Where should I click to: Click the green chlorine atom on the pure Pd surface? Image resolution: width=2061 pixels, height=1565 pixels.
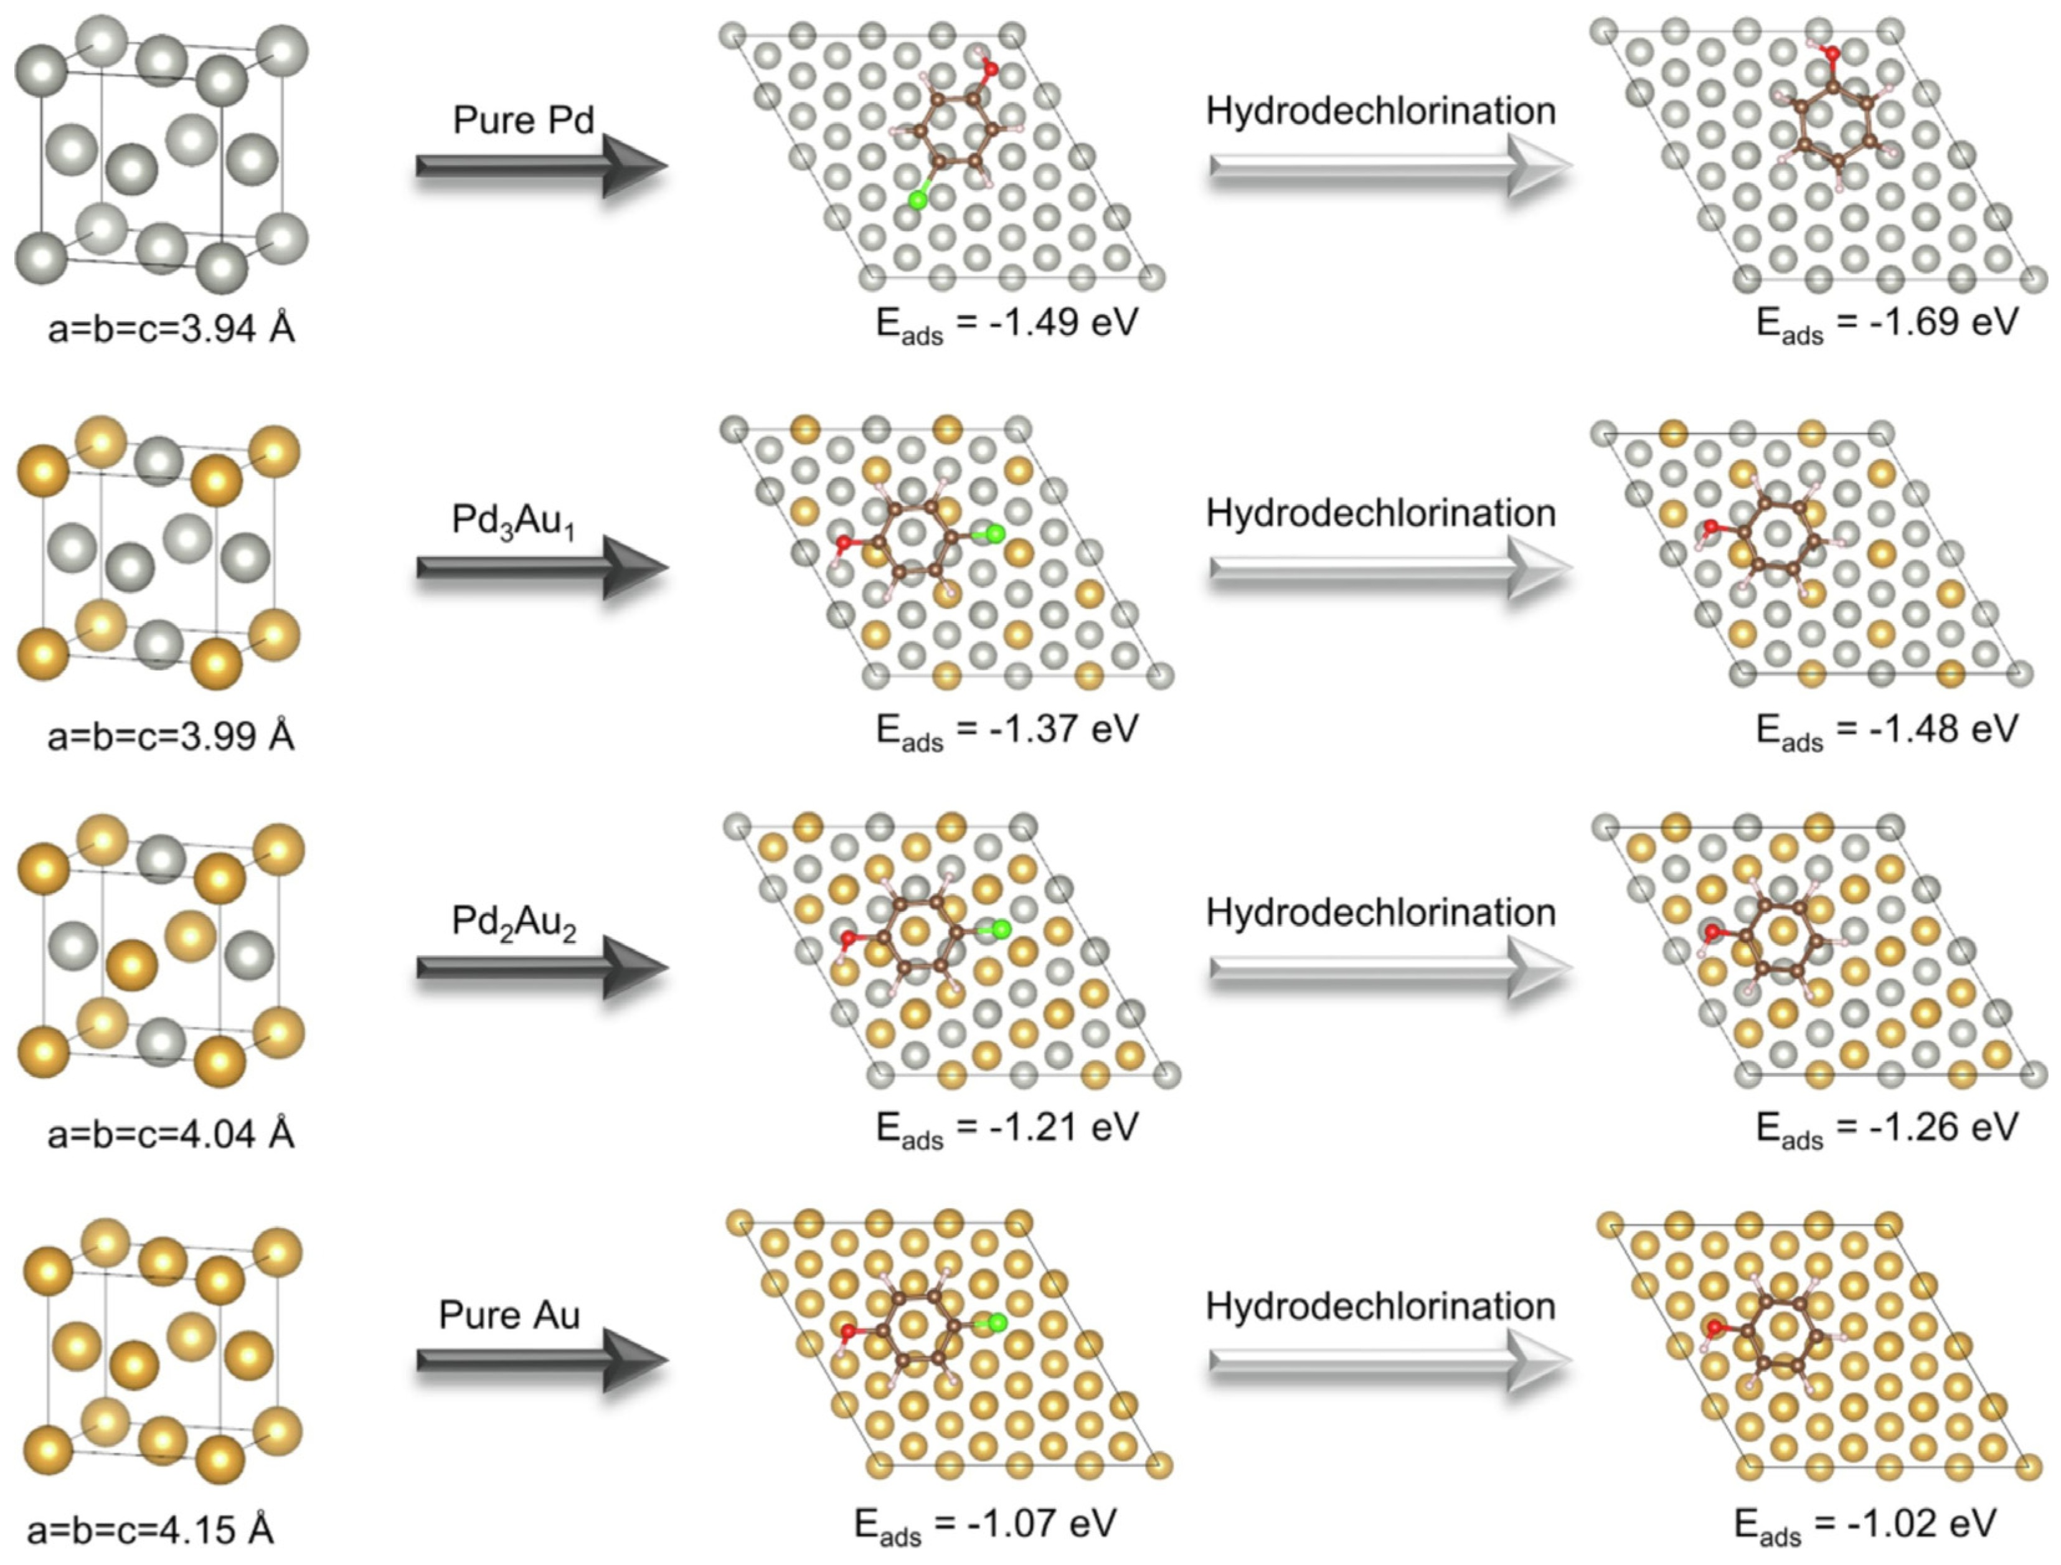coord(918,199)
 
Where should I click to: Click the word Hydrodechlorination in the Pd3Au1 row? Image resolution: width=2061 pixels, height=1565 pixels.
coord(1381,514)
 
